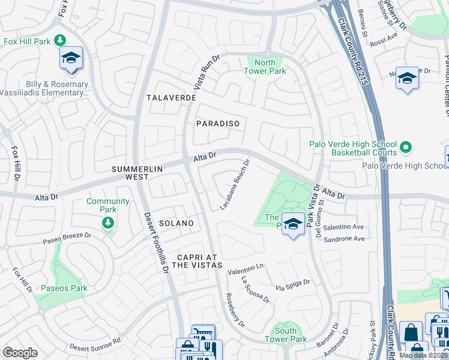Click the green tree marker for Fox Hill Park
(59, 40)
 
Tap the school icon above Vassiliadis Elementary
(71, 59)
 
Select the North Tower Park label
(265, 67)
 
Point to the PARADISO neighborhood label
(218, 124)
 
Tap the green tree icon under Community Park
(107, 223)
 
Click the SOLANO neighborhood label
(176, 223)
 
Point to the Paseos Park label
(64, 289)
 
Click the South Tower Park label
(286, 335)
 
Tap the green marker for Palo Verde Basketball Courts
(406, 146)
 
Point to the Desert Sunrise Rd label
(95, 342)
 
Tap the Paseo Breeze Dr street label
(66, 238)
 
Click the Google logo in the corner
(20, 353)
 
